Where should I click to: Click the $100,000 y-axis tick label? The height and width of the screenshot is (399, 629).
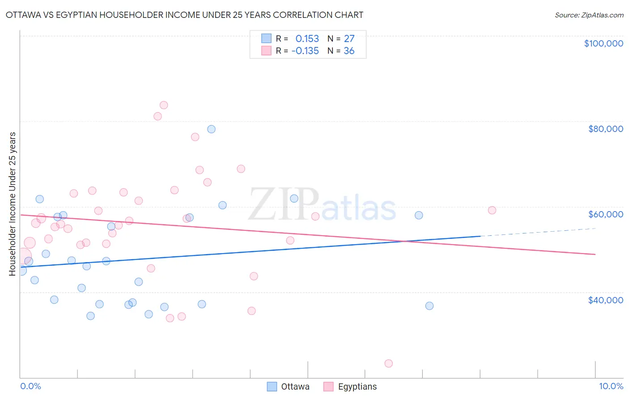[603, 43]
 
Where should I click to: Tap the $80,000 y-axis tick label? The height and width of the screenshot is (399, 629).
[605, 129]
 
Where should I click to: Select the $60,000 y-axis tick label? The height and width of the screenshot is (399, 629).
[605, 214]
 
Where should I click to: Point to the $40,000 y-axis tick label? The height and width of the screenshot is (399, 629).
[605, 300]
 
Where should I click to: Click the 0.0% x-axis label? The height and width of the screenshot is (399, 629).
[30, 386]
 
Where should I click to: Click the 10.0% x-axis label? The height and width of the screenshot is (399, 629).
[611, 386]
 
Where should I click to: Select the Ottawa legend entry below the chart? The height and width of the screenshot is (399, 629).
[288, 387]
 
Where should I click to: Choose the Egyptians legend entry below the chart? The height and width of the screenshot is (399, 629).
[350, 387]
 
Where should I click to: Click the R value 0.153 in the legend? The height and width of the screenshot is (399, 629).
[307, 39]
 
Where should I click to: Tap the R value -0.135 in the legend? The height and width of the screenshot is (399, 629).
[305, 51]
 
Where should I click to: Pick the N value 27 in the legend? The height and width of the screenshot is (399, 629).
[349, 39]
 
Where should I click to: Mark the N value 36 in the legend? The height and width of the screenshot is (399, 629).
[349, 51]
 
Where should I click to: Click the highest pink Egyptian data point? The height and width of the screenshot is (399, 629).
[164, 105]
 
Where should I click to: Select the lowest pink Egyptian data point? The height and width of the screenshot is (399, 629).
[388, 364]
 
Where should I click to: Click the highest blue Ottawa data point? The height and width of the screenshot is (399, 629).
[211, 129]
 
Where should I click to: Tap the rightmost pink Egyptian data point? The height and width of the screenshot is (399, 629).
[492, 210]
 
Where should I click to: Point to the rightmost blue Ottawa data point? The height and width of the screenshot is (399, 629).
[429, 306]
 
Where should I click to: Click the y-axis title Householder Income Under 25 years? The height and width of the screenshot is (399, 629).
[12, 204]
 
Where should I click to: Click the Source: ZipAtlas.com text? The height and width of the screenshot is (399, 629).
[589, 15]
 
